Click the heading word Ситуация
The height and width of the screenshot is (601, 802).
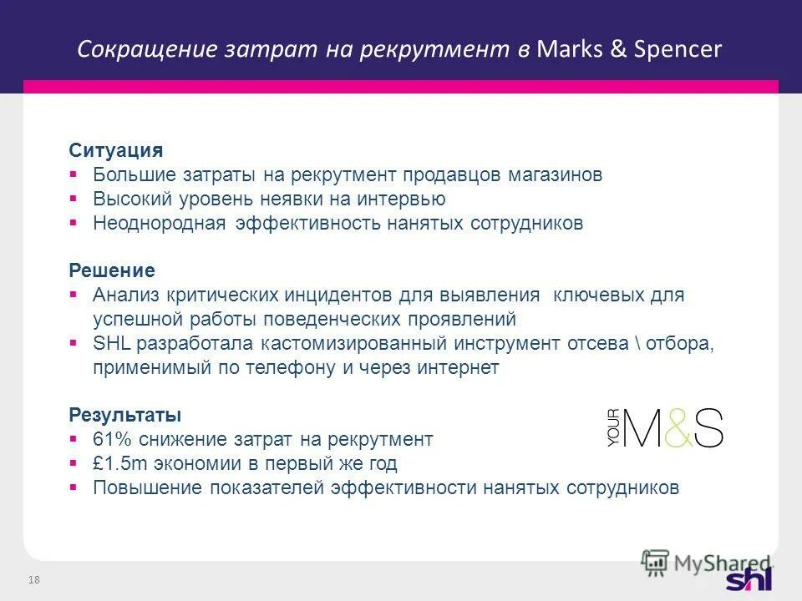[x=115, y=151]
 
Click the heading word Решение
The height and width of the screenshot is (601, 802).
[x=111, y=271]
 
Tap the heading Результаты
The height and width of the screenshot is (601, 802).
[x=124, y=415]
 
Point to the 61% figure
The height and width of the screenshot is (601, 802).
[x=111, y=439]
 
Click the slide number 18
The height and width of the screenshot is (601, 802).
[x=35, y=580]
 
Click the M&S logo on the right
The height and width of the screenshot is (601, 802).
[x=665, y=428]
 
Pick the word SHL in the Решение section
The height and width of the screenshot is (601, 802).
[x=111, y=344]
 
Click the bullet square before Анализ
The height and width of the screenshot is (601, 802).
[x=74, y=295]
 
